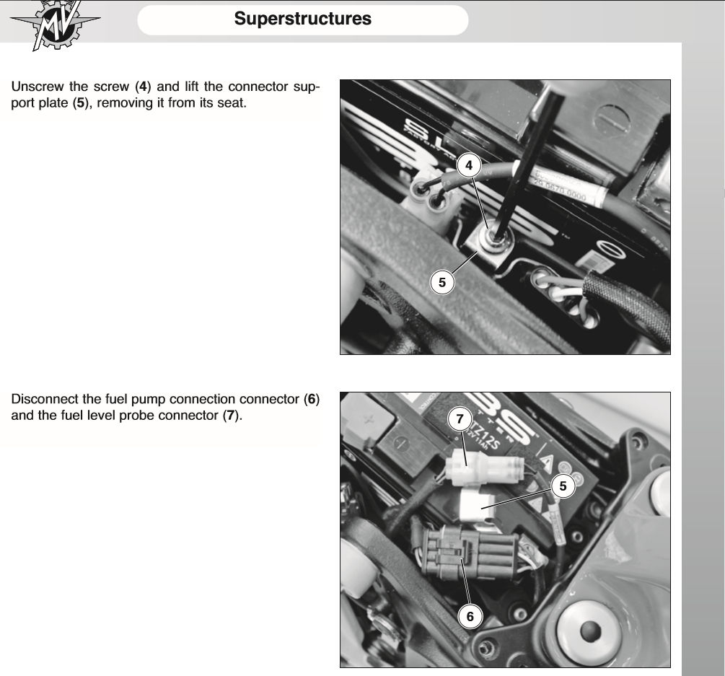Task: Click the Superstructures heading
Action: coord(302,19)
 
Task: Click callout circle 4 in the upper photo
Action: coord(469,165)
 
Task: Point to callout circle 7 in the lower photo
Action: coord(459,418)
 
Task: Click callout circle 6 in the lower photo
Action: coord(470,616)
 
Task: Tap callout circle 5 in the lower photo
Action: coord(563,486)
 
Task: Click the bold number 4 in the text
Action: coord(143,87)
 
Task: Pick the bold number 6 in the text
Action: coord(312,399)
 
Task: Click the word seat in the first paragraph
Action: coord(231,103)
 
